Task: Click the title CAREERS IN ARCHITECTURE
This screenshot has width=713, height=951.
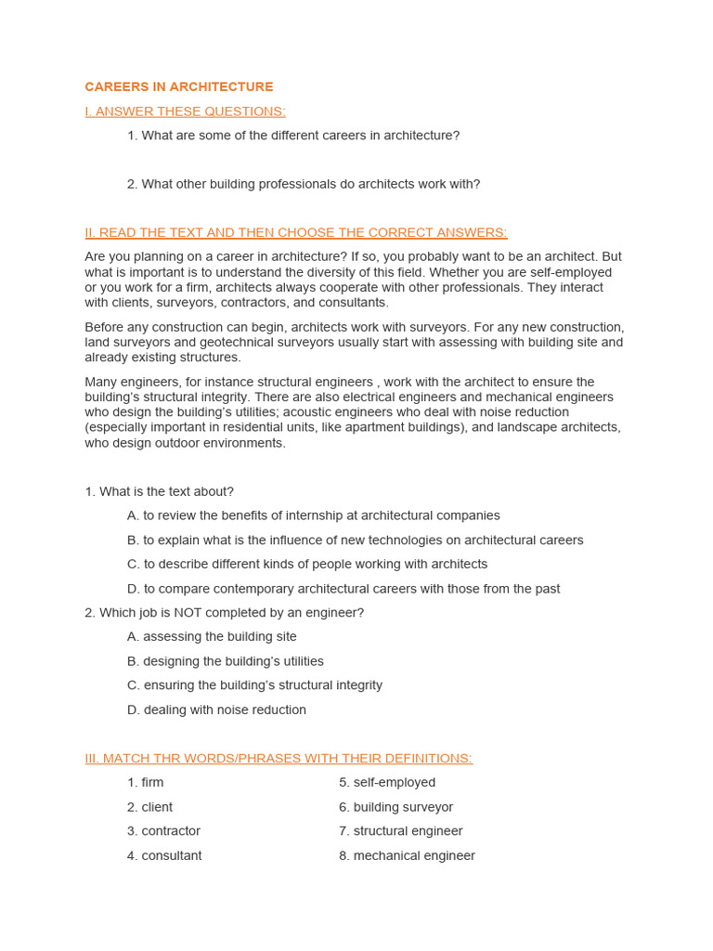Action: click(179, 87)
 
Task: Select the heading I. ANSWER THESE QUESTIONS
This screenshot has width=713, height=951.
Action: click(185, 111)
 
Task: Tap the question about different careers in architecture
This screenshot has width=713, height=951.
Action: click(293, 136)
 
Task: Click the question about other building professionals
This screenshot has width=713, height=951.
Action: click(304, 184)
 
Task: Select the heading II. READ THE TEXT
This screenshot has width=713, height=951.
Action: click(296, 232)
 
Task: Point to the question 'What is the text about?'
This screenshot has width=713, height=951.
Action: click(159, 491)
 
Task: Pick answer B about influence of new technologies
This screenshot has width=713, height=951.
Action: click(355, 540)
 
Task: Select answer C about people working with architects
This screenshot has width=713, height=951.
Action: click(306, 564)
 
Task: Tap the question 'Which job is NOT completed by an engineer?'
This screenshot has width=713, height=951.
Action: click(224, 613)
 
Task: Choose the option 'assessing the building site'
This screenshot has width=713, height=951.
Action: click(212, 637)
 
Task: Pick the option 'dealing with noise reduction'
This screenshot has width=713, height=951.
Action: click(216, 710)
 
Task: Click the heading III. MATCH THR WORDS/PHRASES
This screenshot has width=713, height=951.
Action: click(279, 758)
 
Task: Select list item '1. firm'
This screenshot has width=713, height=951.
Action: click(146, 783)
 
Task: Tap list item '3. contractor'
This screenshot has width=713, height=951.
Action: click(163, 831)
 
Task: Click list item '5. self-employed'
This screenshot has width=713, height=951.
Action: click(387, 783)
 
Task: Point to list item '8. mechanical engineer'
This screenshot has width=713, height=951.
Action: click(407, 855)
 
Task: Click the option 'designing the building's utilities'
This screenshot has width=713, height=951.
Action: click(225, 661)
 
